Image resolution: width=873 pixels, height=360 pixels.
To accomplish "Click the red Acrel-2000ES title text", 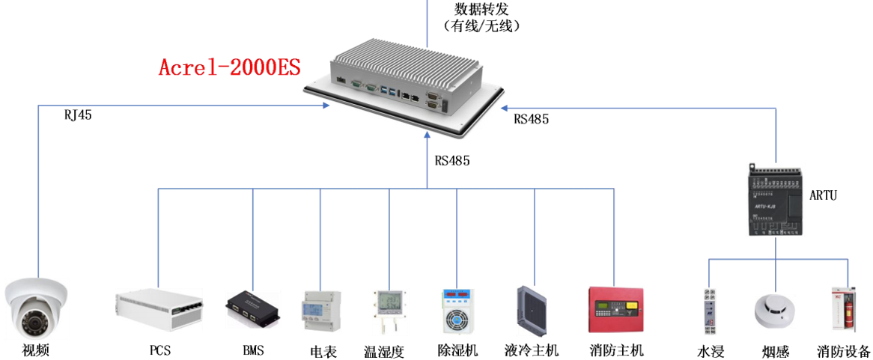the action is tap(229, 67).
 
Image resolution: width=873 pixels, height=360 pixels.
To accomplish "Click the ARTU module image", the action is tap(775, 198).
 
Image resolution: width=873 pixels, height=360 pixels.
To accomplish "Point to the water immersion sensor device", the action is tap(710, 311).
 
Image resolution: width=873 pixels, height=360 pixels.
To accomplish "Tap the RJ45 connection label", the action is tap(78, 115).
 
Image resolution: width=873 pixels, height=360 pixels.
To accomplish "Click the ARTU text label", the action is tap(823, 196).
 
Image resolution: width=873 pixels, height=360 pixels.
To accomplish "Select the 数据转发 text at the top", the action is tap(482, 9).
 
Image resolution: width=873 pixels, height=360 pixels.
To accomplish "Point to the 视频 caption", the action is tap(36, 350).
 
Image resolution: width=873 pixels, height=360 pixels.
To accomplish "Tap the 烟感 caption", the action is tap(775, 351).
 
